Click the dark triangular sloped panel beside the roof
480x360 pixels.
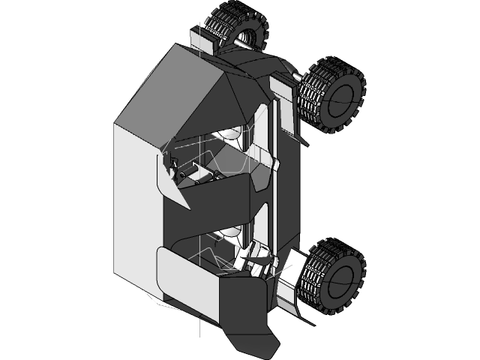pyautogui.click(x=225, y=105)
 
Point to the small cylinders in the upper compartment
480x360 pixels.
pyautogui.click(x=195, y=175)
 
